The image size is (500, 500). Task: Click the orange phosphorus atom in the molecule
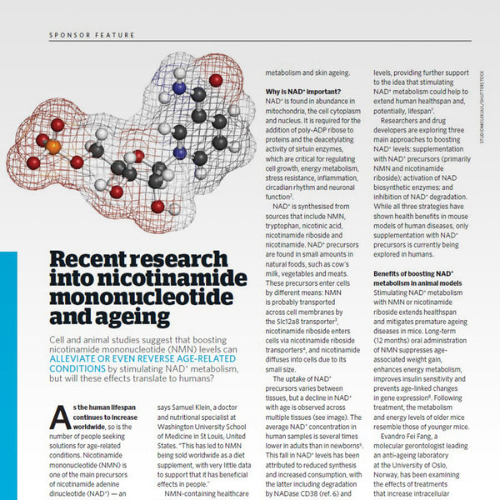point(52,147)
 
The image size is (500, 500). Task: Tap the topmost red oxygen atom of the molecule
point(215,81)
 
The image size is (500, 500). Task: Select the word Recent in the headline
point(83,259)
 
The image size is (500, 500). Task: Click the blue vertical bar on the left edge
point(7,375)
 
